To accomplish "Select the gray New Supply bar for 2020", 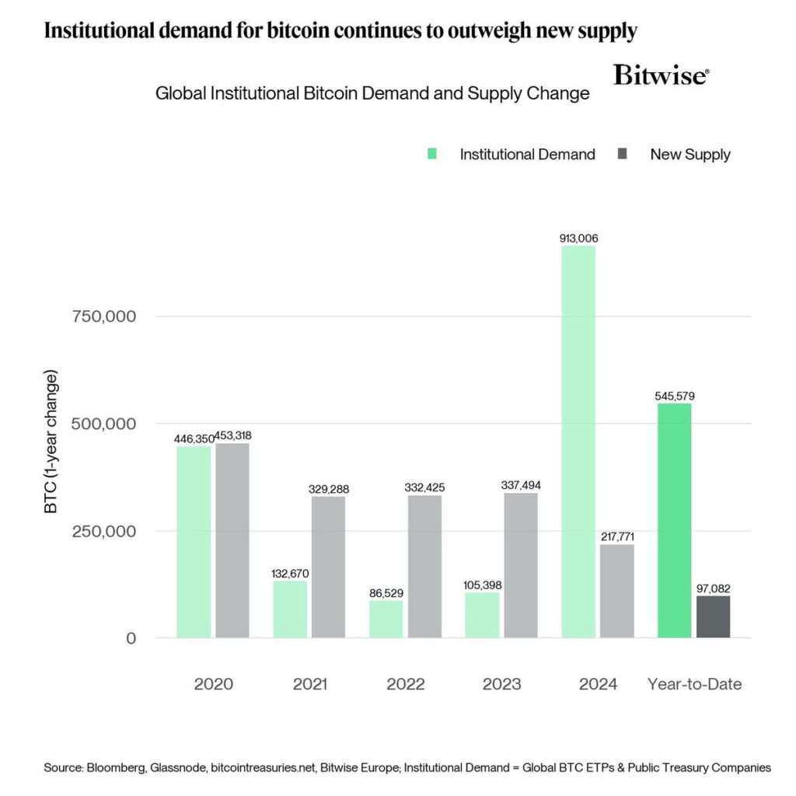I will pyautogui.click(x=232, y=540).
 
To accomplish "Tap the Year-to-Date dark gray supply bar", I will pyautogui.click(x=713, y=616).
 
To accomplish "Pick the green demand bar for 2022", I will pyautogui.click(x=386, y=619).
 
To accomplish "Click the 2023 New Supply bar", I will pyautogui.click(x=520, y=565).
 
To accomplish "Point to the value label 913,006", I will pyautogui.click(x=578, y=238).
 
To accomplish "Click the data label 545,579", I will pyautogui.click(x=674, y=396).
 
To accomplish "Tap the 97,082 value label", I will pyautogui.click(x=713, y=588).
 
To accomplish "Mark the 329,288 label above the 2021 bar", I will pyautogui.click(x=327, y=489).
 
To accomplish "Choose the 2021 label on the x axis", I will pyautogui.click(x=309, y=685).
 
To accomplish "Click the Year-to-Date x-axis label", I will pyautogui.click(x=694, y=685).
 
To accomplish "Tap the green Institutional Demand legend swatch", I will pyautogui.click(x=432, y=154).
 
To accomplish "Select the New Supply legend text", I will pyautogui.click(x=690, y=154).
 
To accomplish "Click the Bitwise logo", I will pyautogui.click(x=661, y=75).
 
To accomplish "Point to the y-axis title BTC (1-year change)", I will pyautogui.click(x=51, y=443).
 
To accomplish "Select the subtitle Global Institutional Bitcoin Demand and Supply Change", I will pyautogui.click(x=372, y=94).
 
